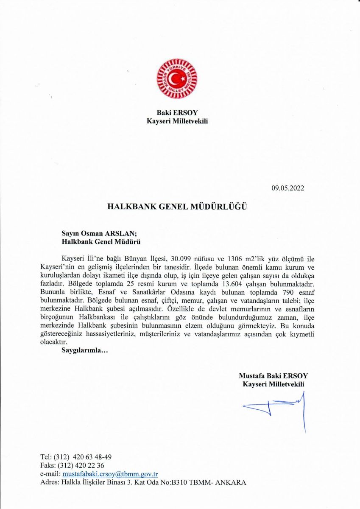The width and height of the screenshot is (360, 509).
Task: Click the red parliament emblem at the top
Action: (177, 79)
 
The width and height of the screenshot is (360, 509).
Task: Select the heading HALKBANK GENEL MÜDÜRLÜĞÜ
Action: (177, 207)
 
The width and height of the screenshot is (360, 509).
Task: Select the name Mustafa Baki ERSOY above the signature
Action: (273, 376)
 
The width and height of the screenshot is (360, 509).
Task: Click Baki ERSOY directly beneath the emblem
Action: (177, 113)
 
